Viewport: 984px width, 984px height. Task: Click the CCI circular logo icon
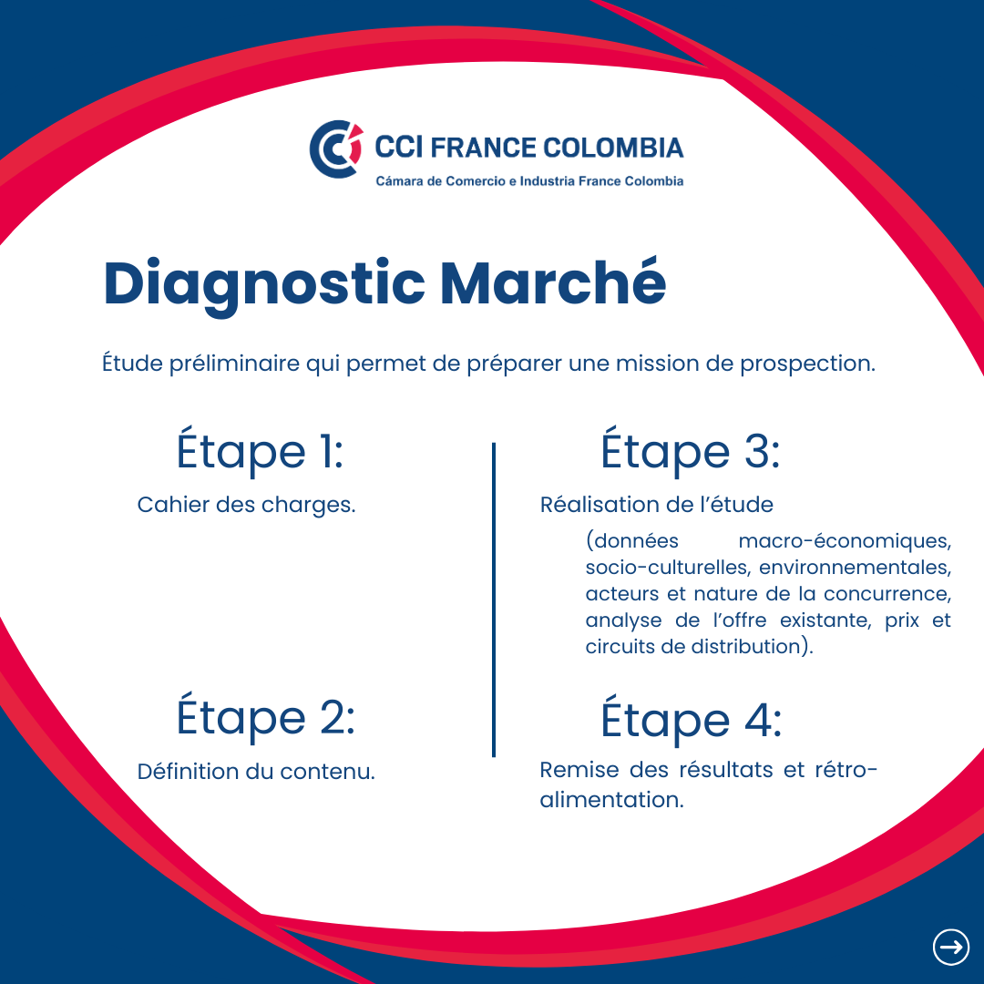[x=335, y=149]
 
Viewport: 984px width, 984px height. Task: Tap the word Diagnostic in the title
[x=264, y=284]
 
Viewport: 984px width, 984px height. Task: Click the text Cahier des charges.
[x=246, y=505]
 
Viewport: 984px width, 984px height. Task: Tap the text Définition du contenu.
[x=256, y=772]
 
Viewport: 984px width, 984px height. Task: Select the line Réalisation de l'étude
[x=656, y=505]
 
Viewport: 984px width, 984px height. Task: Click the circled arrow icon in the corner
[x=950, y=947]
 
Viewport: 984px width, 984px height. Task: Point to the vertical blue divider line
[x=494, y=600]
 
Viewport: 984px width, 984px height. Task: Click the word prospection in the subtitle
[x=807, y=364]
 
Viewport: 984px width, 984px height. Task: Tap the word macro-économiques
[x=845, y=541]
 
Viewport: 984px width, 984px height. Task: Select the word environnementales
[x=855, y=568]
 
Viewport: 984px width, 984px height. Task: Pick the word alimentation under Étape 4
[x=612, y=800]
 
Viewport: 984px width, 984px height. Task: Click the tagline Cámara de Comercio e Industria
[x=476, y=180]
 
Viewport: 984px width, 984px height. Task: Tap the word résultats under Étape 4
[x=726, y=769]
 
